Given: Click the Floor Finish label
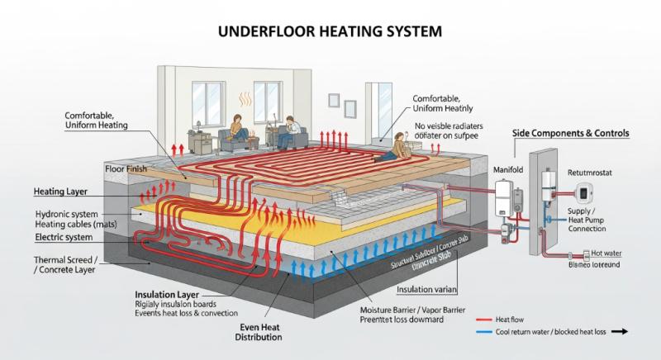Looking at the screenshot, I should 126,168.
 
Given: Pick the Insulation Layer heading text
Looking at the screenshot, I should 168,293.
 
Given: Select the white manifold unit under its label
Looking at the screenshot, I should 502,199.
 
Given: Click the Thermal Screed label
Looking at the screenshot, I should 67,261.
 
